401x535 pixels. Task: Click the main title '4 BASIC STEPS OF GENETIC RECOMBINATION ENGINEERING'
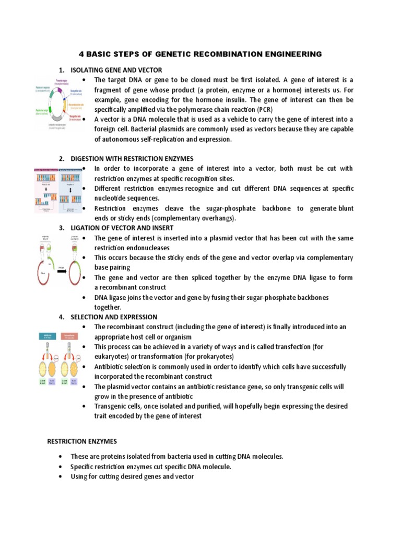point(200,54)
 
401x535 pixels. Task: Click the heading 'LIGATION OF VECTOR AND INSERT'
point(122,228)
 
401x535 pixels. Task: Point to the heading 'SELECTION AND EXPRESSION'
point(113,317)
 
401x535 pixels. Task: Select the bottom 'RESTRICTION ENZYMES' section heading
point(82,441)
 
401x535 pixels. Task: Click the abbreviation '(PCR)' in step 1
point(265,110)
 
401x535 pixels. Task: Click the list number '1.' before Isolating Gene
point(61,70)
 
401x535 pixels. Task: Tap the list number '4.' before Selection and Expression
point(61,317)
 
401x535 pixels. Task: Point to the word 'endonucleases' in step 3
point(148,248)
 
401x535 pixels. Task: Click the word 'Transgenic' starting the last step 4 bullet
point(110,406)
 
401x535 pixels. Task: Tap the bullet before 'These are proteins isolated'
point(62,457)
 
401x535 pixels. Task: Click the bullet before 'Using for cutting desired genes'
point(62,476)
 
